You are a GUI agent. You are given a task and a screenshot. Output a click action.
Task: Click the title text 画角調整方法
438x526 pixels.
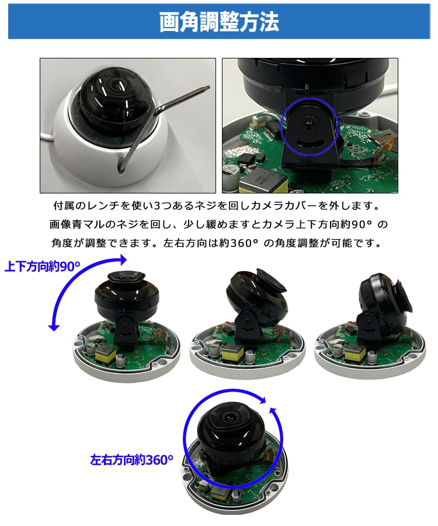pos(219,22)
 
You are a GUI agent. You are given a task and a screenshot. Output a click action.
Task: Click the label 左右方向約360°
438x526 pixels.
pos(132,459)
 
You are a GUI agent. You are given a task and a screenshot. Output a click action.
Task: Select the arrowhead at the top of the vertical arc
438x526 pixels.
pos(122,258)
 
